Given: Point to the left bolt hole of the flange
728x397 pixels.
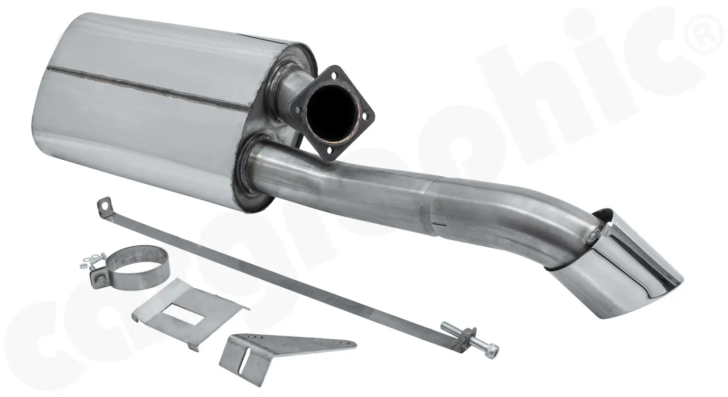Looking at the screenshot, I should click(298, 109).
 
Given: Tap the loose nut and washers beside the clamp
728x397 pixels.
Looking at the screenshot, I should click(88, 260).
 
